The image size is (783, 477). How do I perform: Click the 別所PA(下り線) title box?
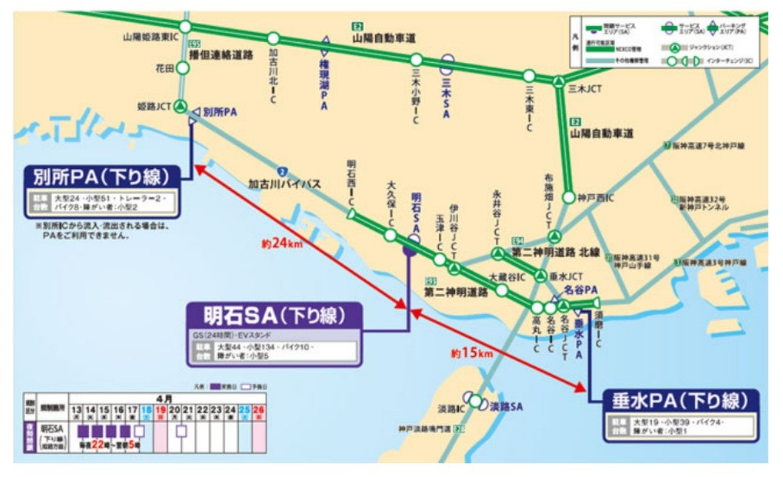coord(101,178)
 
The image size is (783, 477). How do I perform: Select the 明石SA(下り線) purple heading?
coord(274,316)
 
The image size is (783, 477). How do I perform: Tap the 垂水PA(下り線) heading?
coord(680,401)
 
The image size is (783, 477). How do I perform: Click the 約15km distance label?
coord(471,353)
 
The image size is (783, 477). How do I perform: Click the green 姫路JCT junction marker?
coord(180,106)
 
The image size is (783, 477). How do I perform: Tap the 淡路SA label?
coord(506,406)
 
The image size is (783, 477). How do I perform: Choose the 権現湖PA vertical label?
coord(323,85)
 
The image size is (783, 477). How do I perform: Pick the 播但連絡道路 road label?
coord(221,55)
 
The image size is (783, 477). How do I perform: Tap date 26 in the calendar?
coord(258,410)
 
